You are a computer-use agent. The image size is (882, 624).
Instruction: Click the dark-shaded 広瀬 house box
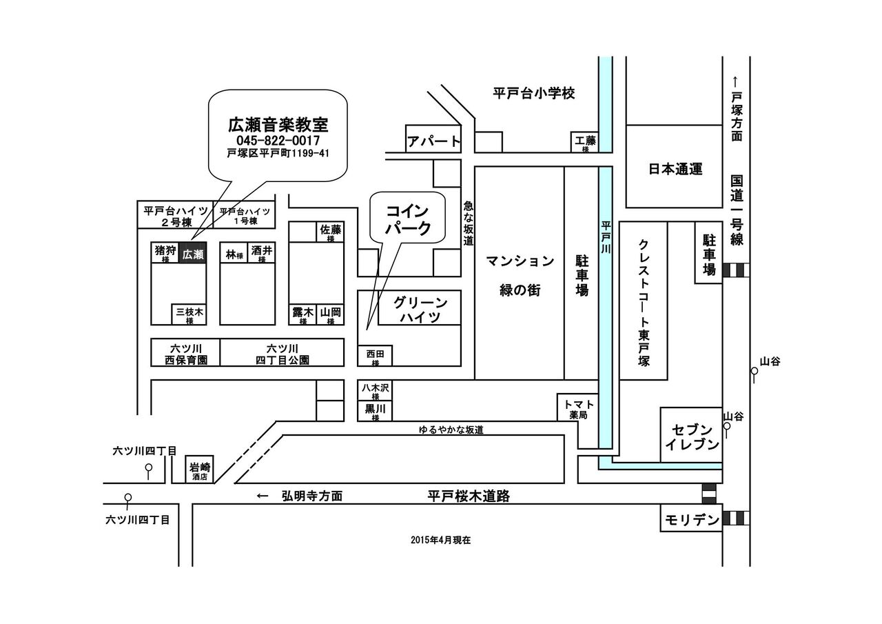(x=192, y=254)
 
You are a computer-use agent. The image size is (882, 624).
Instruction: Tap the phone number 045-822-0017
(x=278, y=140)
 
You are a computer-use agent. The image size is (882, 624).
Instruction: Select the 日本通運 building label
(x=675, y=169)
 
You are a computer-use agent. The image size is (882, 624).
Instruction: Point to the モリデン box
(x=691, y=519)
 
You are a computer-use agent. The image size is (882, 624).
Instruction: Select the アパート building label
(x=433, y=141)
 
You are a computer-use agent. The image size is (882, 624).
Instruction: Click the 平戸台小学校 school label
(x=533, y=93)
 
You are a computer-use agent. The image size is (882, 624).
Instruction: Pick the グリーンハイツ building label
(x=420, y=309)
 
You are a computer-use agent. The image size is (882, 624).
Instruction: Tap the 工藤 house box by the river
(x=585, y=142)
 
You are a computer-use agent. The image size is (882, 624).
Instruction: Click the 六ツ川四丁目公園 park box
(x=282, y=353)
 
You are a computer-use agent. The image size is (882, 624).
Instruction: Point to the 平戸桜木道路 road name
(x=469, y=496)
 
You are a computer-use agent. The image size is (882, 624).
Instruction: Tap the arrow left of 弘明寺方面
(x=263, y=496)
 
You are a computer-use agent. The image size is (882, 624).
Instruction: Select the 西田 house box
(x=375, y=356)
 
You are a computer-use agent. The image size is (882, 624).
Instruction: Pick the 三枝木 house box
(x=189, y=314)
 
